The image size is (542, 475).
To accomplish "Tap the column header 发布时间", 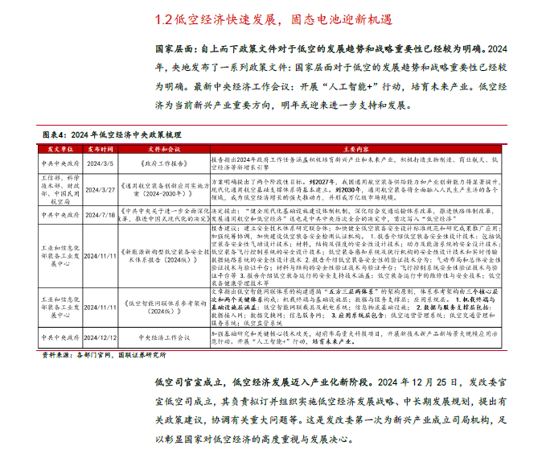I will (x=102, y=149).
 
